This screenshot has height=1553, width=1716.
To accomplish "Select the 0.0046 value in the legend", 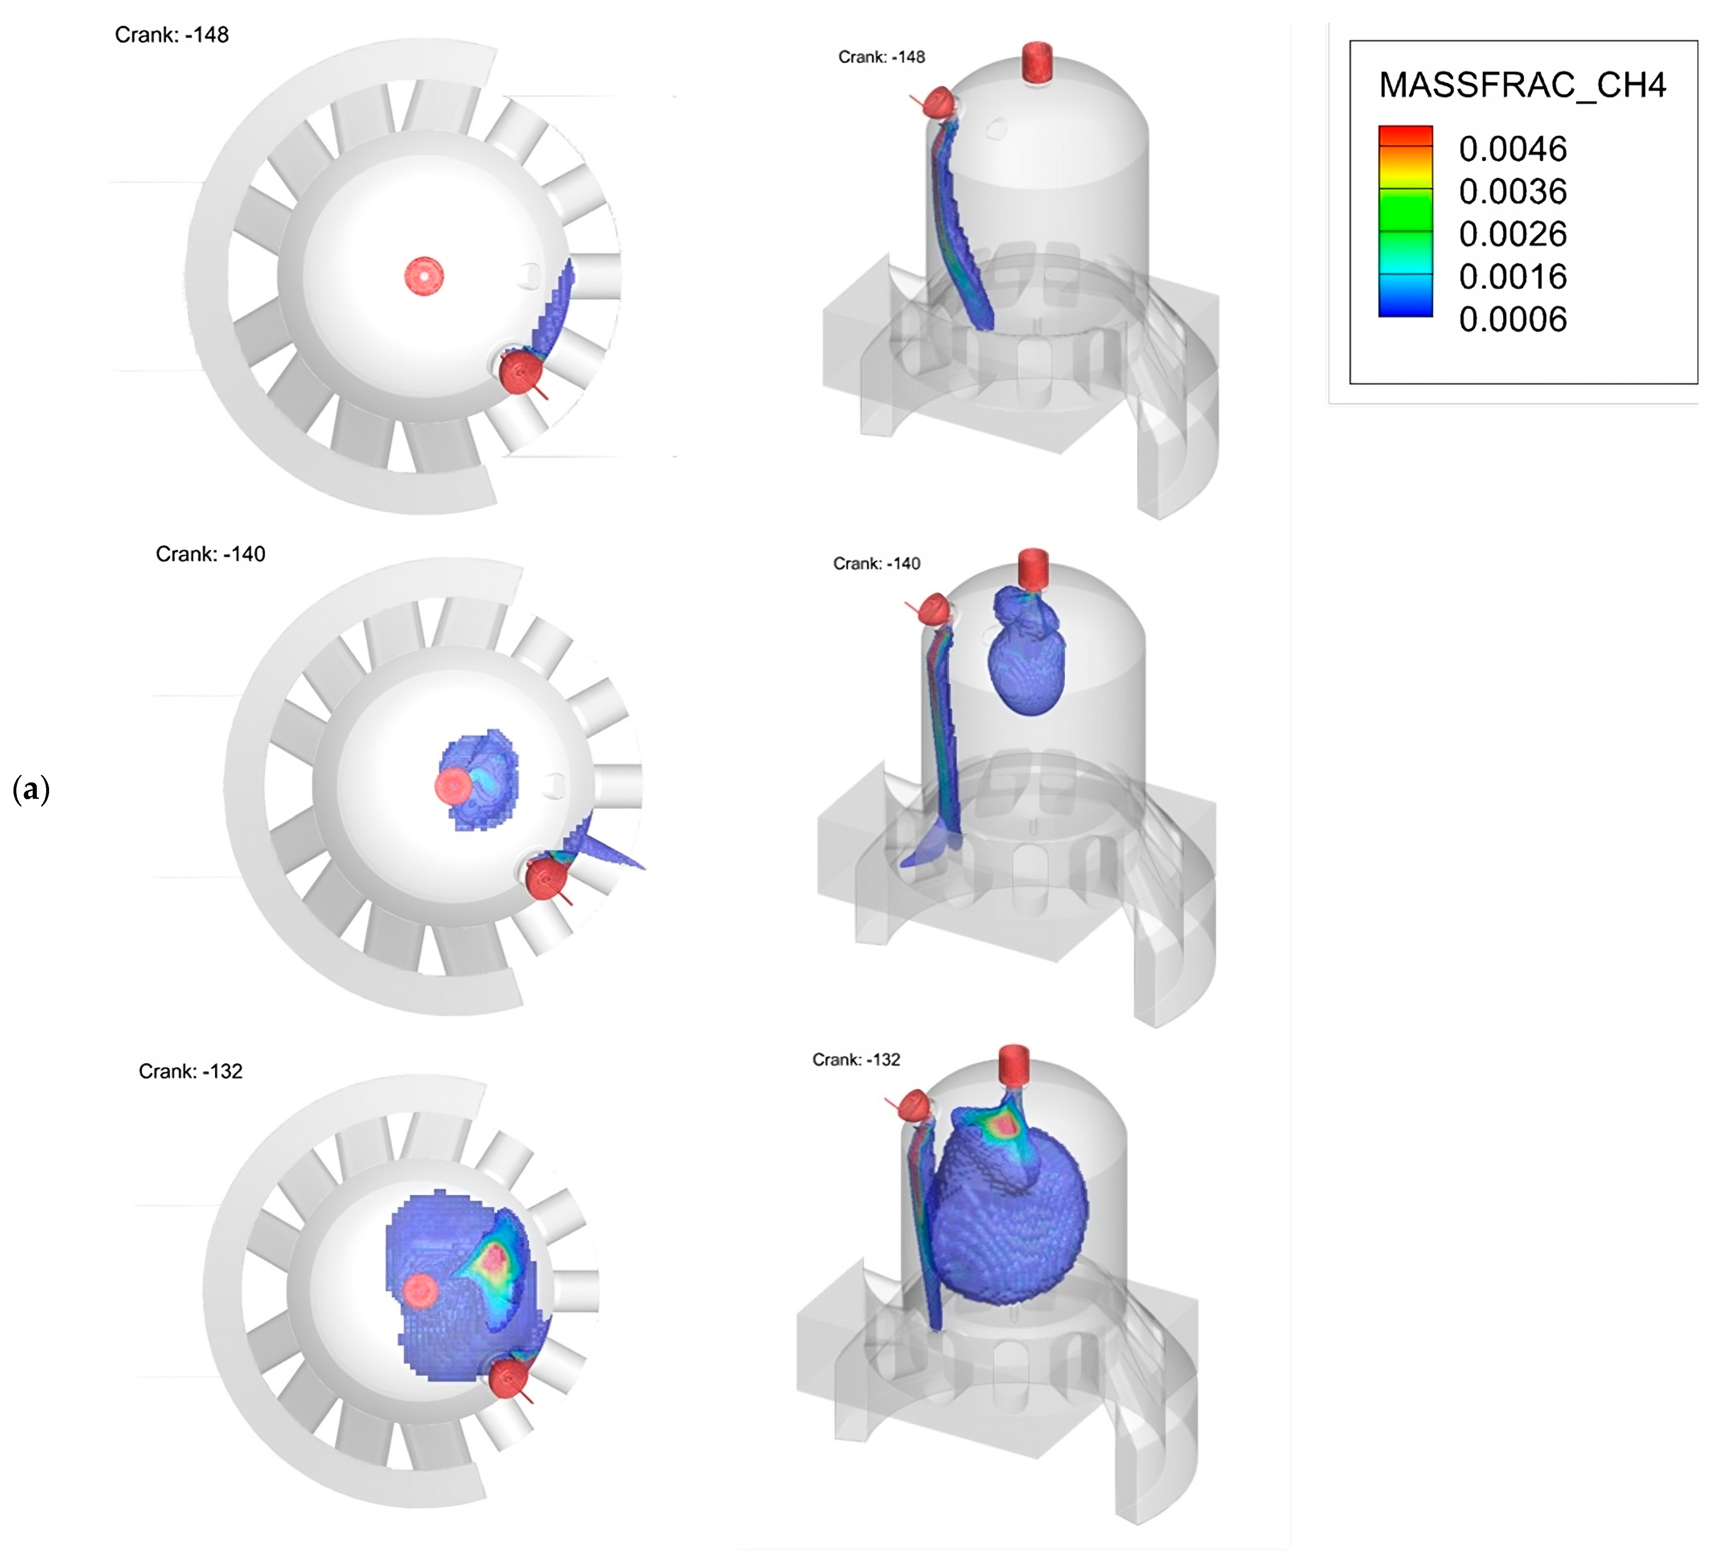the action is [1512, 149].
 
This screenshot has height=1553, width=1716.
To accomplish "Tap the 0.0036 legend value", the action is [1512, 192].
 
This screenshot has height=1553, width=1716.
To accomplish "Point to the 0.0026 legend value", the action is [1512, 234].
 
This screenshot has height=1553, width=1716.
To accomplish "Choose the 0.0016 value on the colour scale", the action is [1512, 277].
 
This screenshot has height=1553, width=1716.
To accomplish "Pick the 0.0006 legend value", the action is [1512, 319].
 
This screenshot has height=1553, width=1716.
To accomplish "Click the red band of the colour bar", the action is [1405, 136].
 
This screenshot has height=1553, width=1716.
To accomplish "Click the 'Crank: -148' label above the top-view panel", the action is [172, 35].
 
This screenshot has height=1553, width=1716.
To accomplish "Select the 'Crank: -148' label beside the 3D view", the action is [882, 57].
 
